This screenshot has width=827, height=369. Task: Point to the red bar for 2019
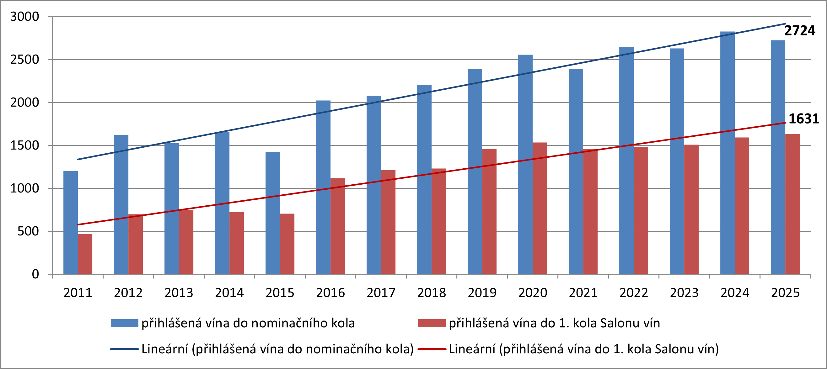coord(489,212)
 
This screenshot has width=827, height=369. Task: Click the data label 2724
coord(800,31)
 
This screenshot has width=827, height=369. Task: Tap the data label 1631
coord(804,119)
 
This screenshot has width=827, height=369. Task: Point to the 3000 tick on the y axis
coord(24,16)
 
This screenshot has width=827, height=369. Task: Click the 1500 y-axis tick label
coord(24,145)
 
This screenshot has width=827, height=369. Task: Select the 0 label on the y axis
coord(35,274)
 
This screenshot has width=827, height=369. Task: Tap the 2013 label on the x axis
coord(179,293)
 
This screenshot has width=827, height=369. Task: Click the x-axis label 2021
coord(583,293)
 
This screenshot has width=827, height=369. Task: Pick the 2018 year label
coord(432,293)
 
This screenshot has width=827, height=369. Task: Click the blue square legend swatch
coord(124,323)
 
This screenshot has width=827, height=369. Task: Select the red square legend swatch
coord(432,323)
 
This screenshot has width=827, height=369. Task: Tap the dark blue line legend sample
coord(124,349)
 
